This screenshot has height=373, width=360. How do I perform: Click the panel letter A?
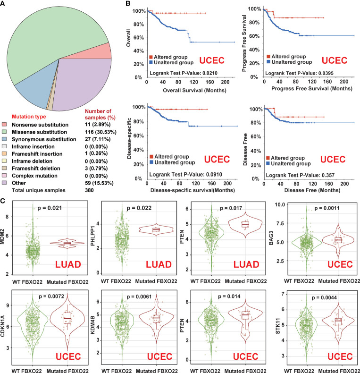pos(4,4)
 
